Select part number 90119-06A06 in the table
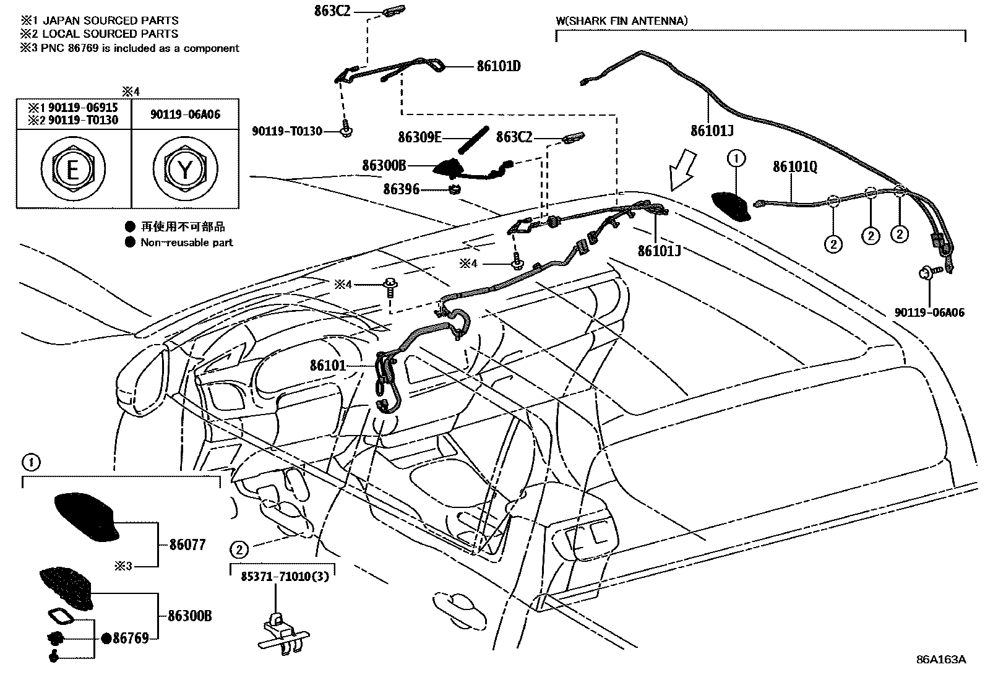click(185, 114)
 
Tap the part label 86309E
click(420, 137)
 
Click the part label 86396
click(401, 189)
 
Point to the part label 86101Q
click(795, 167)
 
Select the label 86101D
click(498, 66)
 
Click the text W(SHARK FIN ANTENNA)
click(621, 21)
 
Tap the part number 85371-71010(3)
click(285, 575)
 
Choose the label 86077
click(187, 545)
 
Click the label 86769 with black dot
click(131, 638)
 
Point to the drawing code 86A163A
click(940, 659)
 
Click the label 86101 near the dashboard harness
click(328, 366)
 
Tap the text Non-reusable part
click(186, 243)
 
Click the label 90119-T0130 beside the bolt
click(287, 131)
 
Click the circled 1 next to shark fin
click(736, 159)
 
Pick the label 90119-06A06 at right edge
click(929, 313)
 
